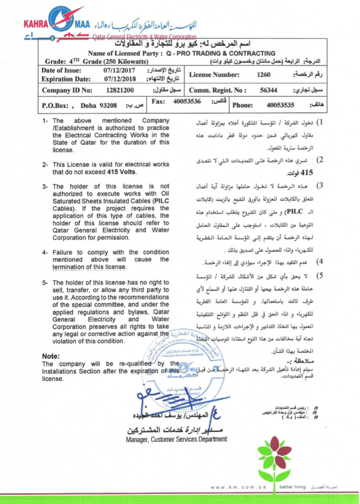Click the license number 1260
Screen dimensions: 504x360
264,74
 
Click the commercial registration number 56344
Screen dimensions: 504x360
269,90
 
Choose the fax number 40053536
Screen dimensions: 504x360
187,101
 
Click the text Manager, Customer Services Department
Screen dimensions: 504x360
176,439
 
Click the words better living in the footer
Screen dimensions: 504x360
293,487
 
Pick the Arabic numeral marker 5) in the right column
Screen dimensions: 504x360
320,275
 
